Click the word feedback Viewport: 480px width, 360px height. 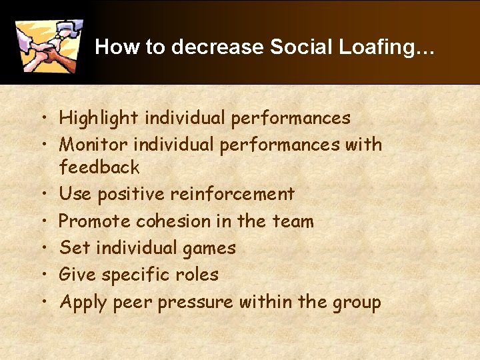pyautogui.click(x=99, y=167)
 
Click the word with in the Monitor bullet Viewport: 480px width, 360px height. pyautogui.click(x=362, y=145)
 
